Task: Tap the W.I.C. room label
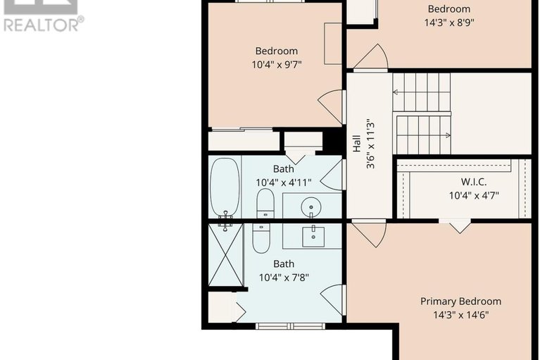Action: (x=474, y=182)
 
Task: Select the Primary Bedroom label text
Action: (x=460, y=301)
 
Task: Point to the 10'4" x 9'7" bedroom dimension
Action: (x=277, y=64)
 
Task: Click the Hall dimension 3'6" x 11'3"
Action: (x=370, y=144)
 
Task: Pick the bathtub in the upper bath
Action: (x=225, y=188)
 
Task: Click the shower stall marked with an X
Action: (x=226, y=255)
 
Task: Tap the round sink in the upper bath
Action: (x=311, y=207)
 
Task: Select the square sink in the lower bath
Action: (x=313, y=237)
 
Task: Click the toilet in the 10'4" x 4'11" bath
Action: (x=265, y=204)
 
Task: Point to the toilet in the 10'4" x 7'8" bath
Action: (x=261, y=238)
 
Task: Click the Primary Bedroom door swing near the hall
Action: (x=368, y=235)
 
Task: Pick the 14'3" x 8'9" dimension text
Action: (x=449, y=23)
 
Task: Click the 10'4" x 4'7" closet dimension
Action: (x=474, y=196)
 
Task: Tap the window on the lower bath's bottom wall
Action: (x=291, y=325)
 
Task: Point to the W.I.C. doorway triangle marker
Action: (x=460, y=227)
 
